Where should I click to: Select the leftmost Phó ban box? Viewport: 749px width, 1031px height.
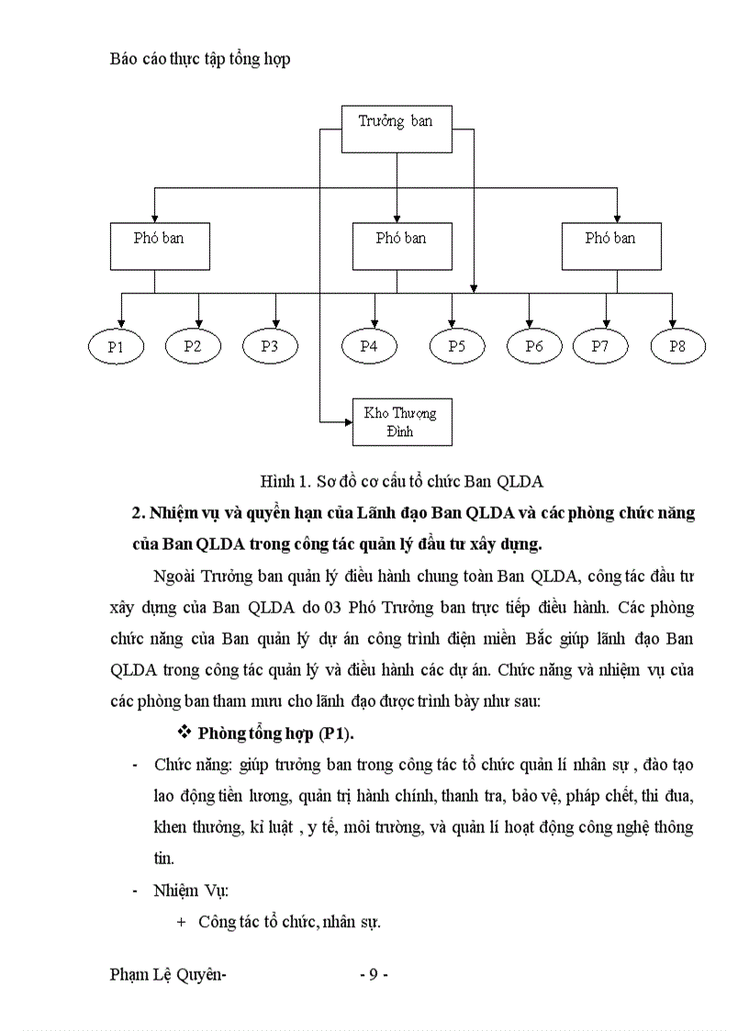click(159, 245)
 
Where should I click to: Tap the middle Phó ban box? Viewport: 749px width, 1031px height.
click(401, 245)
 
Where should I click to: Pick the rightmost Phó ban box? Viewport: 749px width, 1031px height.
click(610, 245)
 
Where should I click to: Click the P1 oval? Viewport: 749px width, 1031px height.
click(116, 346)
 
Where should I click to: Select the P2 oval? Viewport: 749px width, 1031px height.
click(193, 346)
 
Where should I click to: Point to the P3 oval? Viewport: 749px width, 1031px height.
click(270, 346)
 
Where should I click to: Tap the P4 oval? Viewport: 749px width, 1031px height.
click(369, 346)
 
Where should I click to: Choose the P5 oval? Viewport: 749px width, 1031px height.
click(457, 346)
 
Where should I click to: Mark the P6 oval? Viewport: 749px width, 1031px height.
click(534, 346)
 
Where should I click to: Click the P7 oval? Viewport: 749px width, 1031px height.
click(600, 346)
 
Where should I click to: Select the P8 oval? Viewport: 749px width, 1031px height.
click(677, 346)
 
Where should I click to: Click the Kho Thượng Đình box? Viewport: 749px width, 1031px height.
click(401, 421)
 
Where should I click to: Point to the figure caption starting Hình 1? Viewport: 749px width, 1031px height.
click(402, 480)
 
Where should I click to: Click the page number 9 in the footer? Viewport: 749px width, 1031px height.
click(374, 975)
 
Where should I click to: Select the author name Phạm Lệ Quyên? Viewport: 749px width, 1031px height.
click(167, 975)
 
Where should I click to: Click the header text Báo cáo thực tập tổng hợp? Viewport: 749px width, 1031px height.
click(199, 59)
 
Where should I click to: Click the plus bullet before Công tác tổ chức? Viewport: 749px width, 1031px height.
click(180, 922)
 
